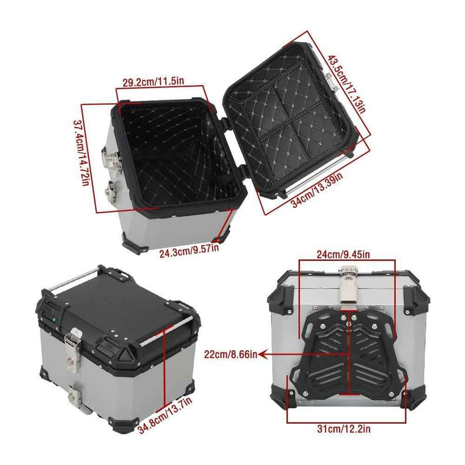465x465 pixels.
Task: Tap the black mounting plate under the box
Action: coord(349,355)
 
